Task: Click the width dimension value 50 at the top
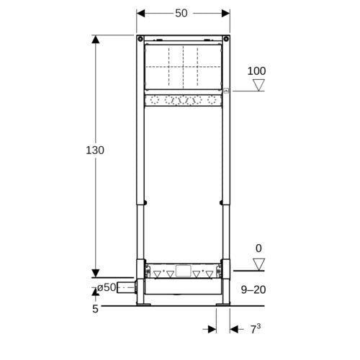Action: click(x=181, y=13)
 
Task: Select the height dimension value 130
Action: click(x=95, y=150)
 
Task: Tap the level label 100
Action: click(x=256, y=71)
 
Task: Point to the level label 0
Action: click(x=258, y=248)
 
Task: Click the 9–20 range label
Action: click(x=253, y=289)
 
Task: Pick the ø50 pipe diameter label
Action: click(x=107, y=287)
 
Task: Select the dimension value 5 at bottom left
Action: click(x=95, y=309)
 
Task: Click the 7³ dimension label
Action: click(x=256, y=329)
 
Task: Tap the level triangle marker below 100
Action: click(x=258, y=85)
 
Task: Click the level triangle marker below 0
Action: click(x=258, y=264)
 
